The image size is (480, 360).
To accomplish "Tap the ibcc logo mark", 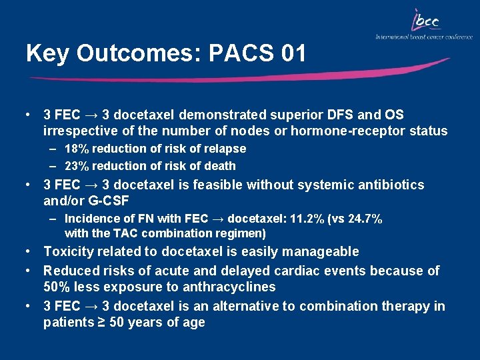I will (x=425, y=21).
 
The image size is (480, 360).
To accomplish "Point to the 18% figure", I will (x=77, y=149).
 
